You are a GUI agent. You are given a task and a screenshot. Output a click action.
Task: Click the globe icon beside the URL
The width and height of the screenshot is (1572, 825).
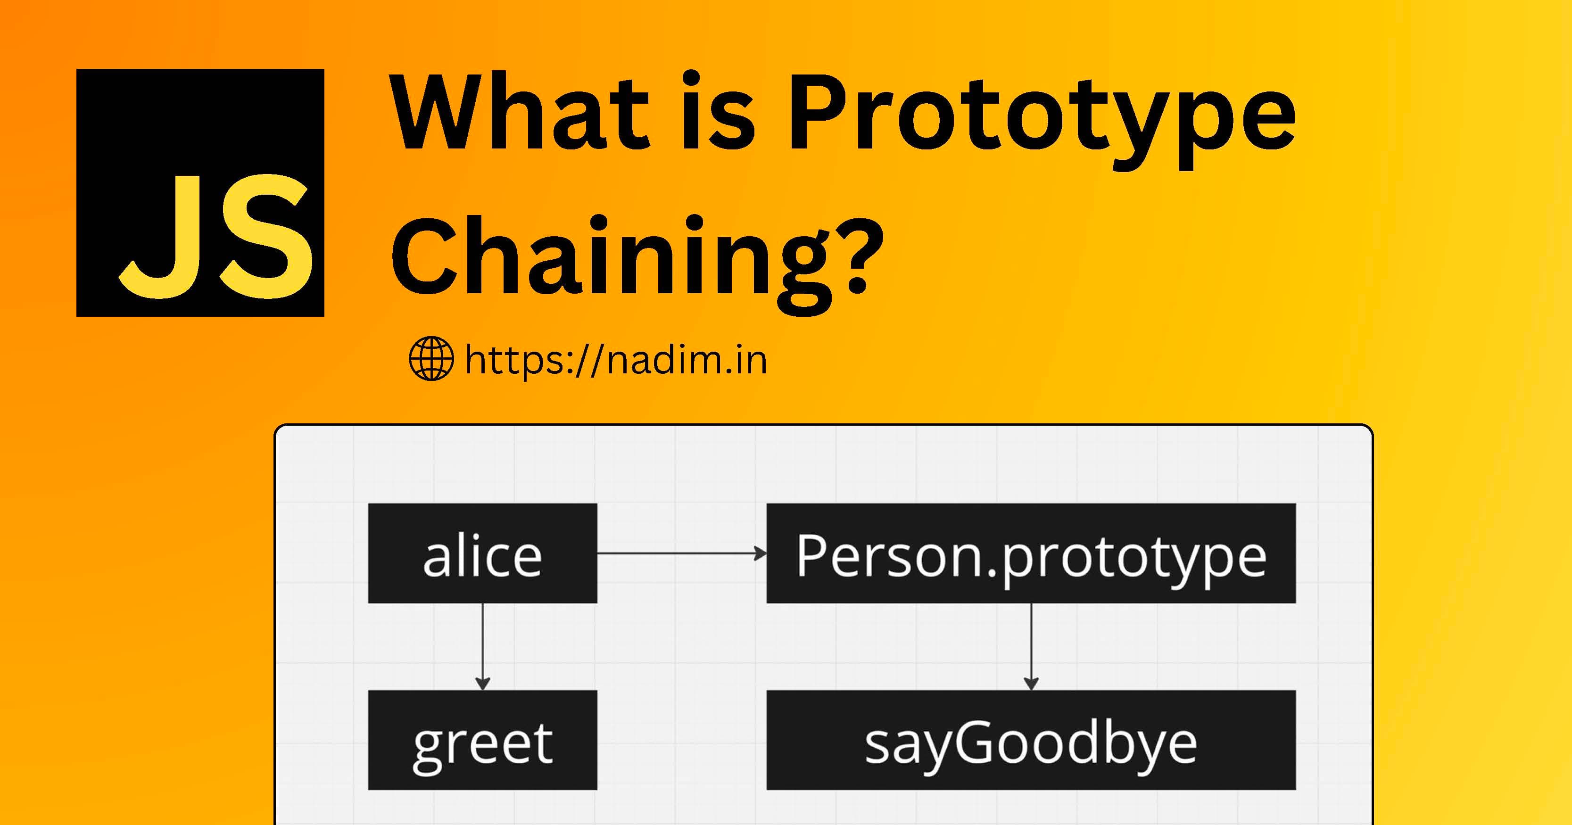pyautogui.click(x=431, y=359)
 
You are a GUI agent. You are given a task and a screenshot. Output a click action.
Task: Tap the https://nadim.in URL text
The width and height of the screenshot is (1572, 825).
pyautogui.click(x=615, y=360)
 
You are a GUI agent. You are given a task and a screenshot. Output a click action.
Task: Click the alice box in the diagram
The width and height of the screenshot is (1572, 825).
pyautogui.click(x=482, y=553)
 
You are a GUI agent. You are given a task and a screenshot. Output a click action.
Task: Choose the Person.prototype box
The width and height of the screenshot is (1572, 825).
pyautogui.click(x=1031, y=553)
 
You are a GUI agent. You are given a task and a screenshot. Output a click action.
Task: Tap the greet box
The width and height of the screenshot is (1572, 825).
pyautogui.click(x=482, y=740)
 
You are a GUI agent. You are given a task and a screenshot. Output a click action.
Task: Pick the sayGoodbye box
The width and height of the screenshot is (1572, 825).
pyautogui.click(x=1031, y=740)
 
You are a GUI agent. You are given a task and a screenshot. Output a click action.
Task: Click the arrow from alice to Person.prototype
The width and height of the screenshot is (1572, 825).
pyautogui.click(x=678, y=553)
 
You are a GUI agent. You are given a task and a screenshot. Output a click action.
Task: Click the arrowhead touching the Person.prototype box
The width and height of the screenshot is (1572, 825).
pyautogui.click(x=761, y=553)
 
